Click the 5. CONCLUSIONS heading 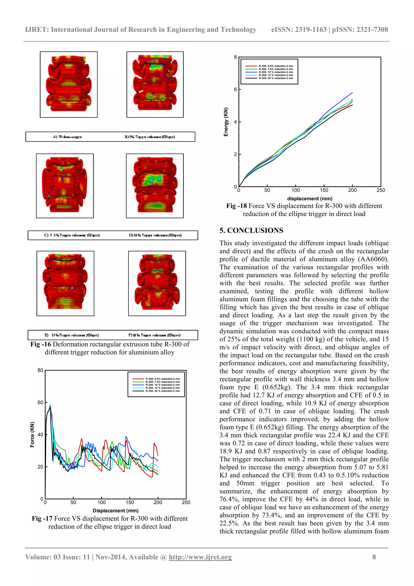tap(251, 230)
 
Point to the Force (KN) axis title tap(32, 434)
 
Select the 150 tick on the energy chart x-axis tap(324, 190)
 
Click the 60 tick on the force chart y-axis tap(40, 403)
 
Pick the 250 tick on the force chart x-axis tap(186, 502)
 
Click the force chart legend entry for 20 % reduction tap(163, 391)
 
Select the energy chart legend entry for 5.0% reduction tap(276, 66)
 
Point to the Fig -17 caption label tap(42, 519)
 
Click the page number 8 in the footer tap(374, 557)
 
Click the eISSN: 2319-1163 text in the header tap(299, 30)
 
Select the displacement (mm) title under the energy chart tap(310, 199)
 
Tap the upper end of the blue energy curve tap(352, 93)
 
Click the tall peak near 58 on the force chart tap(50, 405)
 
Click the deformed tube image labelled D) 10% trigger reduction tap(155, 186)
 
